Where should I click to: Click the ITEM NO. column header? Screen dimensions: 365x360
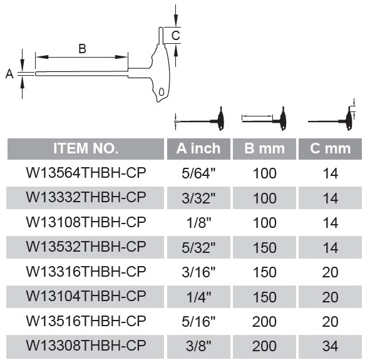(86, 148)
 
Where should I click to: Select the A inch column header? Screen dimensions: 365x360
(198, 148)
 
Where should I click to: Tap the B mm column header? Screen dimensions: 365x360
(264, 148)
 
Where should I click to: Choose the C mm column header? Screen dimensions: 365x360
(330, 148)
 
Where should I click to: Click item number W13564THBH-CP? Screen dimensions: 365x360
(86, 173)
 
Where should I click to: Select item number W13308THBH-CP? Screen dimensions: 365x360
(86, 346)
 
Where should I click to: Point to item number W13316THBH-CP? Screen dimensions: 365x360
(86, 272)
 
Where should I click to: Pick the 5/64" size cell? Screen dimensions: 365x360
(198, 173)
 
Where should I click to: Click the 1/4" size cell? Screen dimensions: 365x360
(198, 297)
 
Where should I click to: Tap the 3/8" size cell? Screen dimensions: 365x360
(198, 346)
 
